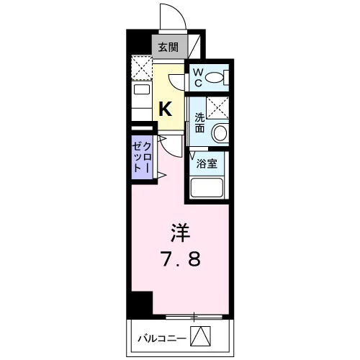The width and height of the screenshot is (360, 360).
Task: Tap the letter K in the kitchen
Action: pos(166,109)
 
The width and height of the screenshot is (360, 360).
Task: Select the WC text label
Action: pos(198,78)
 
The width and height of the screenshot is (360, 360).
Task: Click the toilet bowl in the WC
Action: pos(215,77)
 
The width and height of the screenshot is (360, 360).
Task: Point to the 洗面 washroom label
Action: pos(199,122)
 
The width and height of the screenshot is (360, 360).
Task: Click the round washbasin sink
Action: pos(220,132)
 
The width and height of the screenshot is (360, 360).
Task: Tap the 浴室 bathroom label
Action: pos(207,163)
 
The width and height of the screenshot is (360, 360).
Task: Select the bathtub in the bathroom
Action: pos(207,188)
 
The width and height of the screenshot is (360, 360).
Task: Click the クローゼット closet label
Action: pos(142,157)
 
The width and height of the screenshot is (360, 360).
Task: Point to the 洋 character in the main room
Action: pos(181,233)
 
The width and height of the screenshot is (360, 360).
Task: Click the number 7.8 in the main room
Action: pos(181,258)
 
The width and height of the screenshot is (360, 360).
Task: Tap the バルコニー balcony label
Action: pos(162,338)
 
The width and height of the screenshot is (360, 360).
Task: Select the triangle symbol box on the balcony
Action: pos(200,336)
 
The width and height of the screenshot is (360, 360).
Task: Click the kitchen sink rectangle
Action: pos(142,89)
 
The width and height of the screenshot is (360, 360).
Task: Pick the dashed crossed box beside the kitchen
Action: pos(142,68)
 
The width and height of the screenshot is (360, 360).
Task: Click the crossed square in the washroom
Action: pos(217,107)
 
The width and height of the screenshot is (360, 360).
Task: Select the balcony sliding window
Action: pos(194,317)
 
